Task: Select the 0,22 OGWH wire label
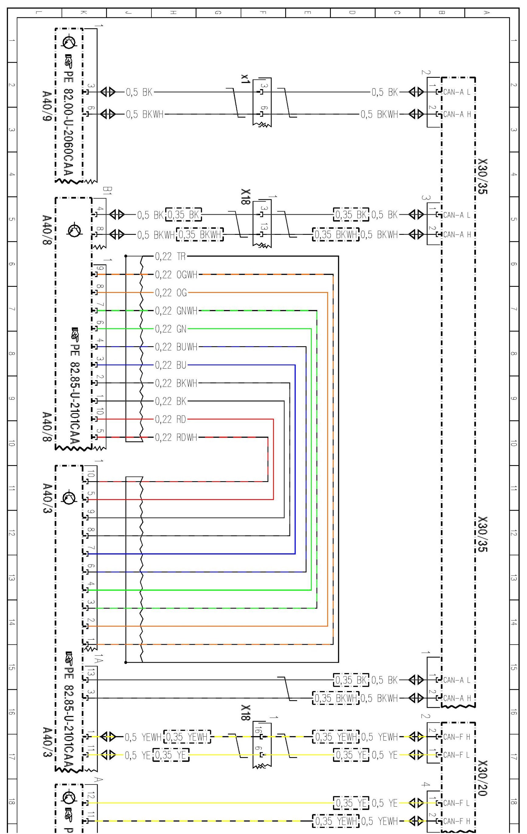pyautogui.click(x=176, y=275)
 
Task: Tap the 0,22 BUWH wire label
pyautogui.click(x=176, y=347)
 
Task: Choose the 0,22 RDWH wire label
pyautogui.click(x=176, y=437)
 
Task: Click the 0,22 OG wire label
pyautogui.click(x=171, y=293)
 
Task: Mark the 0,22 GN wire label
pyautogui.click(x=171, y=329)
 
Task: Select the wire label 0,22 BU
pyautogui.click(x=171, y=365)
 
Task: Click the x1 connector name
pyautogui.click(x=245, y=79)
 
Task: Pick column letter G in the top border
pyautogui.click(x=217, y=13)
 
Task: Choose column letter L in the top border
pyautogui.click(x=39, y=13)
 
